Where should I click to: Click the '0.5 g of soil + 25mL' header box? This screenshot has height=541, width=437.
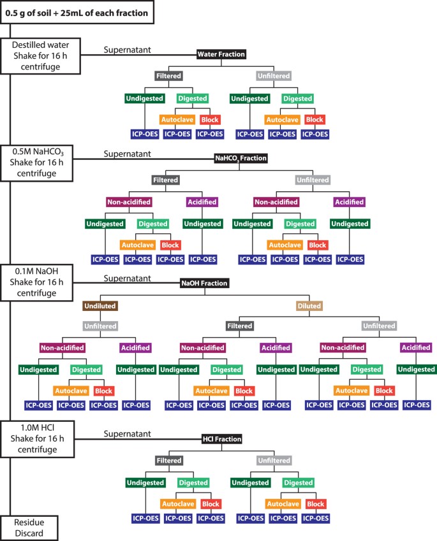77,12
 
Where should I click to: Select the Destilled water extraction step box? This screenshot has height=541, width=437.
40,56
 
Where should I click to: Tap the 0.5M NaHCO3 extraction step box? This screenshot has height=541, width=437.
36,163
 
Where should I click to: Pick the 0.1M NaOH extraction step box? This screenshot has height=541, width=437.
36,282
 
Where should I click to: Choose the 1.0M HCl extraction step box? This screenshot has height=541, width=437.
37,439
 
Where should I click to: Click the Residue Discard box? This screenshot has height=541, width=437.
29,528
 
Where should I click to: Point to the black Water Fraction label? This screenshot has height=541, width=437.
221,54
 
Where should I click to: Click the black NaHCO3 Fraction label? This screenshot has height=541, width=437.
241,159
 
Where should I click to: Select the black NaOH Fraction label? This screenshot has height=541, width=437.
205,284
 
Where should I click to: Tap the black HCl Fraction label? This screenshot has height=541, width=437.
222,439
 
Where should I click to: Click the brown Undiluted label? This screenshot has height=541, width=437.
100,306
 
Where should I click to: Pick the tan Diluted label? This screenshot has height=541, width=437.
309,306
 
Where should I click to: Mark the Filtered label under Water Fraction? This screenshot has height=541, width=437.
168,76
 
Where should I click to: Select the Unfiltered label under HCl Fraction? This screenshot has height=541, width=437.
274,461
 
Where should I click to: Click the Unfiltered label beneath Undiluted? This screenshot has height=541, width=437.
101,326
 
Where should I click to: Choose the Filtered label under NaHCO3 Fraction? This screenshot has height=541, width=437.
166,180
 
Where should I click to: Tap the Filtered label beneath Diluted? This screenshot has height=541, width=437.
240,326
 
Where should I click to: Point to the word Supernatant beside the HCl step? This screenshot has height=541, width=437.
128,434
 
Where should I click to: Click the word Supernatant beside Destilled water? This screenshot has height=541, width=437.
128,50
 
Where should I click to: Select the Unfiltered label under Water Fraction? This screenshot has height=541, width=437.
274,76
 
